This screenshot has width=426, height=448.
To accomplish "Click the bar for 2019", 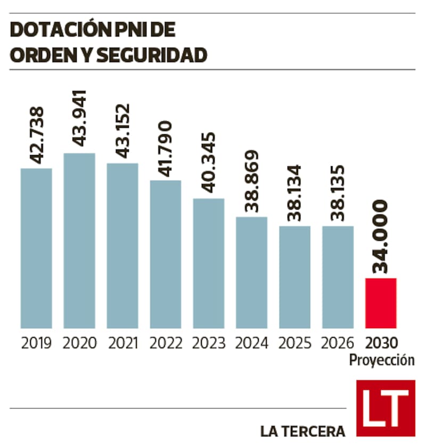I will click(x=36, y=248).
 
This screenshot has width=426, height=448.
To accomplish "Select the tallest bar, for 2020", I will click(x=79, y=241).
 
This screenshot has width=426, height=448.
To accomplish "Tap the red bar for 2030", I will click(x=381, y=303).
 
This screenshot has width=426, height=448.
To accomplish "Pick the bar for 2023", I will click(x=209, y=263).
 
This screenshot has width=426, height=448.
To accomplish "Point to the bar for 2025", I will click(x=294, y=277).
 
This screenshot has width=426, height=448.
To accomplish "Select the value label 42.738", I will click(x=37, y=135).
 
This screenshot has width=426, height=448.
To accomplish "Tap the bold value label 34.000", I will click(x=381, y=237).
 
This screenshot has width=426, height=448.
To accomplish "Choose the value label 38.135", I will click(x=338, y=193).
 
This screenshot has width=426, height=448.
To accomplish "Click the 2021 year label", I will click(x=123, y=343).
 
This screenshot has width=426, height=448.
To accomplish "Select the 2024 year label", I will click(x=251, y=343).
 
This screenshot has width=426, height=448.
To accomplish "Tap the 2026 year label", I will click(x=338, y=343).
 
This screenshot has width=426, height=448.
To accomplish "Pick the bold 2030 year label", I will click(x=381, y=343).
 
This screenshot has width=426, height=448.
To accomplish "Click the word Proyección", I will click(x=382, y=360).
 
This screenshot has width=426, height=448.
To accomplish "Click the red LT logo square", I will click(x=386, y=408).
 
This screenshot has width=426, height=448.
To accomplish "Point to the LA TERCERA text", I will click(x=302, y=431).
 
